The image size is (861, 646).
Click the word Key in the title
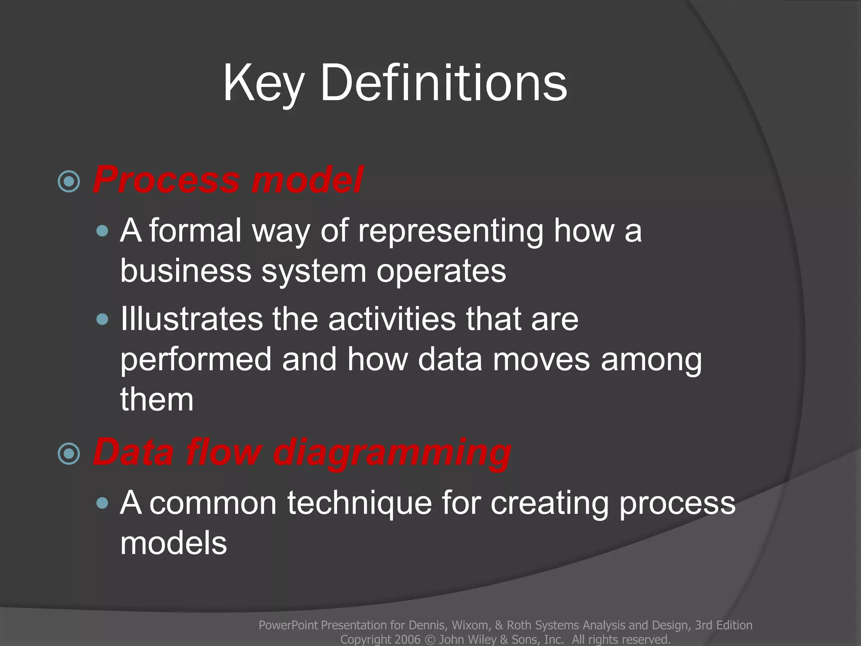(262, 83)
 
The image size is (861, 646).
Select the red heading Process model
(228, 180)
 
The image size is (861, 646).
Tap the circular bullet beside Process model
(69, 182)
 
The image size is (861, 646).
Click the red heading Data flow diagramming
(302, 452)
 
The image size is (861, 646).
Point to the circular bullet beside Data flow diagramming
(69, 454)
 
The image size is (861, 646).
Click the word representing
(450, 231)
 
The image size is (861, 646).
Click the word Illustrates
(191, 319)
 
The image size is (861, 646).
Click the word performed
(196, 360)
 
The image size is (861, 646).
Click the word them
(157, 400)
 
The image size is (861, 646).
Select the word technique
(359, 503)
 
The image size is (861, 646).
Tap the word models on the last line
(173, 543)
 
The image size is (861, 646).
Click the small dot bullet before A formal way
(102, 231)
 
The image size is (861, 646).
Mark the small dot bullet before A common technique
(102, 503)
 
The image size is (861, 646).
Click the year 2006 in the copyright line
(407, 639)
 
